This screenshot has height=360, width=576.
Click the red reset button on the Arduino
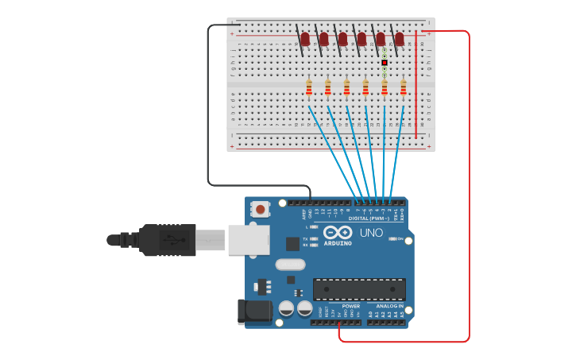pos(260,210)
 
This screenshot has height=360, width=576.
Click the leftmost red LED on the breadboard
pos(304,39)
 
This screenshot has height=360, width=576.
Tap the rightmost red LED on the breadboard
pos(400,39)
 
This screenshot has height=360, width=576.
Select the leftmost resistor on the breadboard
pos(309,88)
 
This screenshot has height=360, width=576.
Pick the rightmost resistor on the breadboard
pos(404,88)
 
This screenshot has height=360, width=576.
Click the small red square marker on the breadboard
pos(385,63)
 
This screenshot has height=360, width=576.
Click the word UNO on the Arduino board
pos(372,233)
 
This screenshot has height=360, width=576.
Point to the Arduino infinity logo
pos(338,233)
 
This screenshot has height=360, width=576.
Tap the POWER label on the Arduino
pos(350,306)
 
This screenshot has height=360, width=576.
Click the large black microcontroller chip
pos(359,288)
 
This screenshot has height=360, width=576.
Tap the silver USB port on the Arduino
pos(249,239)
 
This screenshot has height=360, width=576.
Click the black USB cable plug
pos(167,239)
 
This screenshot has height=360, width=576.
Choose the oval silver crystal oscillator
pos(290,265)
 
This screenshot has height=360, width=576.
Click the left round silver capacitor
pos(287,308)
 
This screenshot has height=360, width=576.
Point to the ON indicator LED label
pos(400,238)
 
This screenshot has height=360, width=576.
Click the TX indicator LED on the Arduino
pos(315,238)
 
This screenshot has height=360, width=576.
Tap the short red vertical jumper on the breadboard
pos(416,87)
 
